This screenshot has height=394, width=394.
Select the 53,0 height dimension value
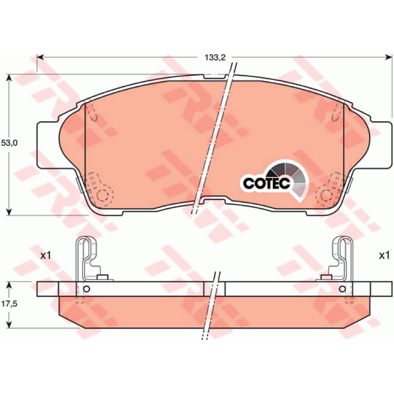(9, 143)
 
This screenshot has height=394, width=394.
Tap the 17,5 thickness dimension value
(9, 304)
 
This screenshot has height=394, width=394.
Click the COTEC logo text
(266, 183)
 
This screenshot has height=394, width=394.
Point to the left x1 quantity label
(46, 256)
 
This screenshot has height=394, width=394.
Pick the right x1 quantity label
(384, 256)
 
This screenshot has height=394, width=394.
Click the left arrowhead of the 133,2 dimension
(40, 58)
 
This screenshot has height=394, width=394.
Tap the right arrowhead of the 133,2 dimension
(389, 58)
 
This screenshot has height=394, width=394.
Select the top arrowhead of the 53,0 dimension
(9, 78)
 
